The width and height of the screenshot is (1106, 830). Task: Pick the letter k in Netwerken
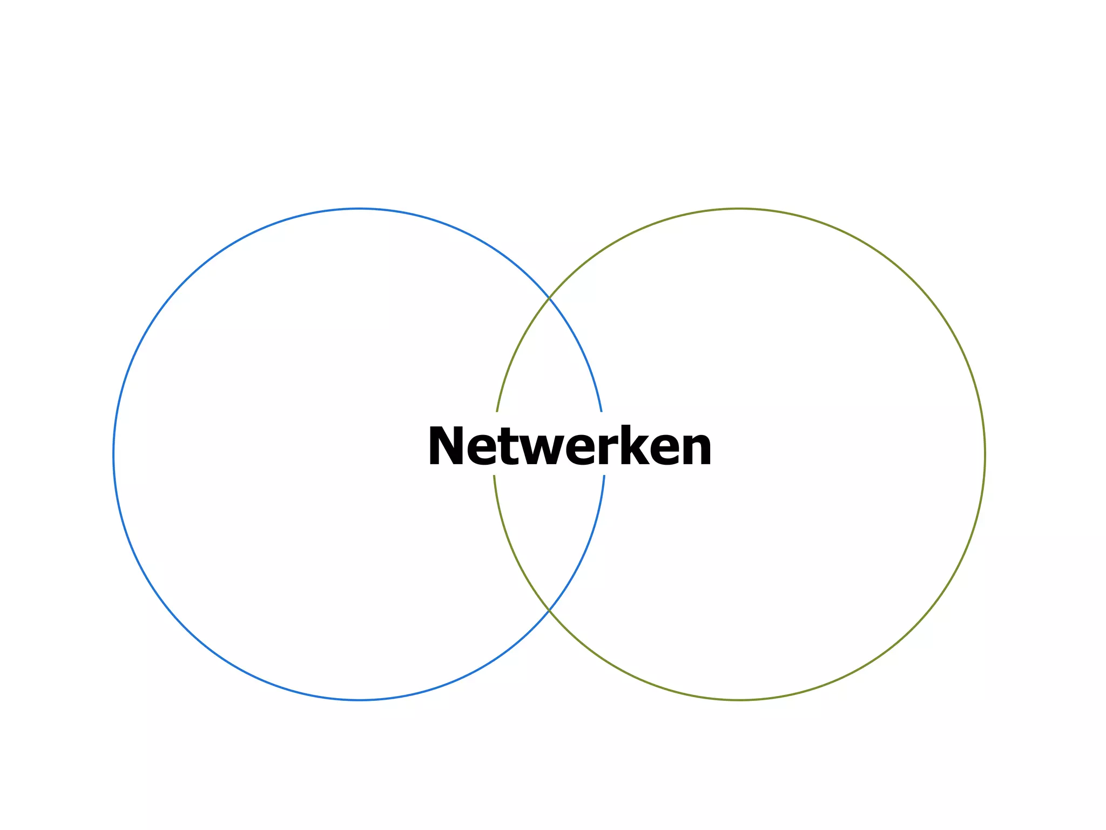coord(626,446)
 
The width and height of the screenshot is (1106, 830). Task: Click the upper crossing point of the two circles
coord(549,298)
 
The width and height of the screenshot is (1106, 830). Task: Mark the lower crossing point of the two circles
coord(549,610)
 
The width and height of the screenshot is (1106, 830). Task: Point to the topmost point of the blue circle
coord(359,209)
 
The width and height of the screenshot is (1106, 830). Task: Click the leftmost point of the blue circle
coord(114,454)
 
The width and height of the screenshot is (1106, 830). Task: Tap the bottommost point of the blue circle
coord(359,700)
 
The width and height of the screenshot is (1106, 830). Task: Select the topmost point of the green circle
coord(739,209)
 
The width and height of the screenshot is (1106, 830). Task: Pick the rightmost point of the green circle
coord(985,454)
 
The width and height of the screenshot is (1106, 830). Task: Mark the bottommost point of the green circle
coord(739,700)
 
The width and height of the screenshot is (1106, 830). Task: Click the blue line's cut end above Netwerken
coord(601,411)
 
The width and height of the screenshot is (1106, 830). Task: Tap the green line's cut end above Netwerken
coord(497,411)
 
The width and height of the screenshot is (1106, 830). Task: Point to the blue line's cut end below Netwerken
coord(604,476)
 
